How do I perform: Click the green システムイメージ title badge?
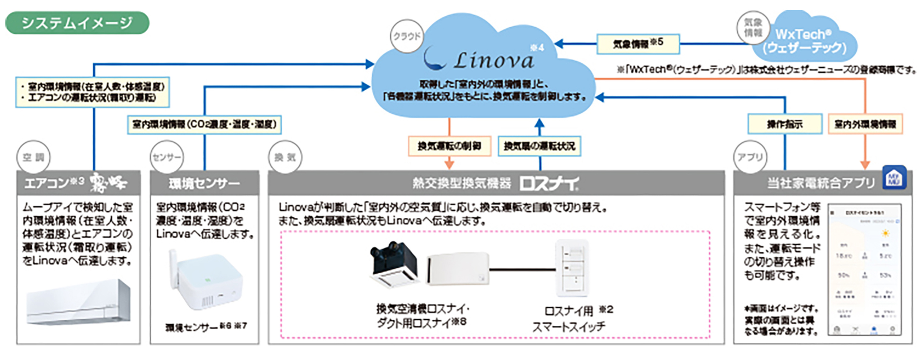[77, 23]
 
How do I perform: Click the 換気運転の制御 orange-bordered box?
[449, 146]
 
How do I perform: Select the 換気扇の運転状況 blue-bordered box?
[539, 146]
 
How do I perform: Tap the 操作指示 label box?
[785, 124]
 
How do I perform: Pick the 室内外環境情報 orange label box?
[865, 124]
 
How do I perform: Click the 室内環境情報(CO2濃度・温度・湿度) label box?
[204, 125]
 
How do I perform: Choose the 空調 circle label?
[33, 157]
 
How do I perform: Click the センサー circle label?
[166, 157]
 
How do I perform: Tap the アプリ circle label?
[750, 157]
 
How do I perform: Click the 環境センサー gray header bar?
[204, 183]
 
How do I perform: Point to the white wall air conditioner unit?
[78, 302]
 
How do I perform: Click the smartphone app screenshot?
[864, 270]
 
